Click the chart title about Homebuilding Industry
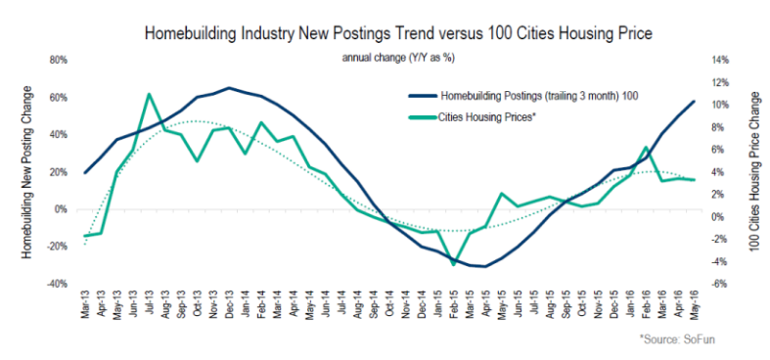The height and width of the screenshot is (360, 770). click(x=398, y=34)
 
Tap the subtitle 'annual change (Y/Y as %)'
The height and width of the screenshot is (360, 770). click(x=398, y=58)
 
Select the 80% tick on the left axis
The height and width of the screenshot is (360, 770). click(x=58, y=61)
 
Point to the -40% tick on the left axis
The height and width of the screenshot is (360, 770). click(x=57, y=285)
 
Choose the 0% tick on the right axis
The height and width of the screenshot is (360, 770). click(x=718, y=217)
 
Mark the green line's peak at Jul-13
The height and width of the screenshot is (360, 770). click(x=149, y=94)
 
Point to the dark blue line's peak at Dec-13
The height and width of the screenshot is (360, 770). click(x=228, y=88)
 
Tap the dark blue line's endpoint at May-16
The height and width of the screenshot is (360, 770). click(x=694, y=101)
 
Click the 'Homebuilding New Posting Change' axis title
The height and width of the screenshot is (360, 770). click(x=28, y=172)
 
